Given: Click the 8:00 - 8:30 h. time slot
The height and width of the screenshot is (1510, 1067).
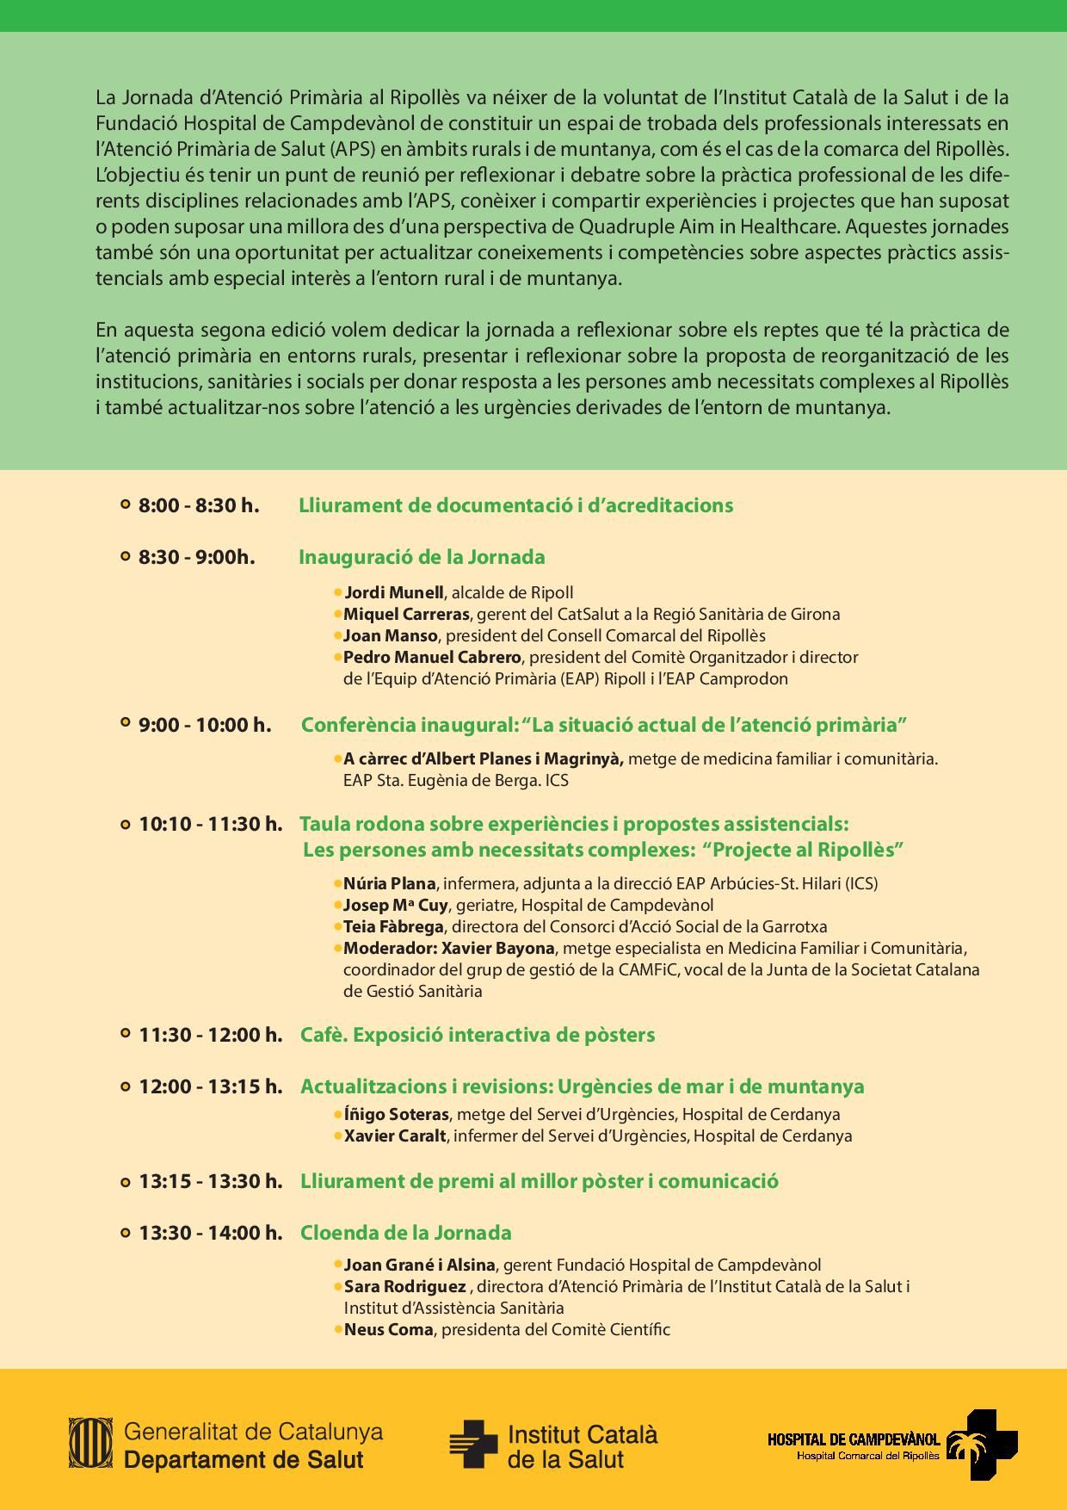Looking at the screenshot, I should pos(199,505).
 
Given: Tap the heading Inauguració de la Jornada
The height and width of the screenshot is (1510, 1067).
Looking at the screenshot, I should pos(422,557).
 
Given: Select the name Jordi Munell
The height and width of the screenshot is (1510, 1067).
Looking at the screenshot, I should pos(394,592).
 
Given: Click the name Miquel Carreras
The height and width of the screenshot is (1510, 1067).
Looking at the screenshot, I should pos(406,614).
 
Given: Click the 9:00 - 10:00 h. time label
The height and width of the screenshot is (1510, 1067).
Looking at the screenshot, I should pos(205,725).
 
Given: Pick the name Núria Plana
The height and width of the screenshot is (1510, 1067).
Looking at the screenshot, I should pos(389,883).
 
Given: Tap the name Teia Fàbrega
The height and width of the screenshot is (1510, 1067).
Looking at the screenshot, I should pos(393,926).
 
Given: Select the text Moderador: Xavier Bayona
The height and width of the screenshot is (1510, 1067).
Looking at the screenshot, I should pos(448,948).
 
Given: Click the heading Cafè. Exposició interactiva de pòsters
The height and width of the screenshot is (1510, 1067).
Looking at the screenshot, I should pos(478,1035).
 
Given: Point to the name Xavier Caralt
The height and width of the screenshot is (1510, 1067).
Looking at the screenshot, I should pos(395,1136).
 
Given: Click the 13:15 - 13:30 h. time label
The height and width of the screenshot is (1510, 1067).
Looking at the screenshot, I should pos(211,1181).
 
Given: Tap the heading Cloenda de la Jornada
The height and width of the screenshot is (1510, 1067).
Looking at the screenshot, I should pos(405,1233).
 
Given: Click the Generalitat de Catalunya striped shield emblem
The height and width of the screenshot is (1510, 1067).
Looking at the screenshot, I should pos(89,1441).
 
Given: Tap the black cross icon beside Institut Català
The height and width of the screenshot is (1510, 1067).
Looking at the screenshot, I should pos(472,1444).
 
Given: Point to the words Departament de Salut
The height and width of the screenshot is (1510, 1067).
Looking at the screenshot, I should pos(244,1460).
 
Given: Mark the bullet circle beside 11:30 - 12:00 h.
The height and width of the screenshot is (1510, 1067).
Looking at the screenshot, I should pos(126,1035).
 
